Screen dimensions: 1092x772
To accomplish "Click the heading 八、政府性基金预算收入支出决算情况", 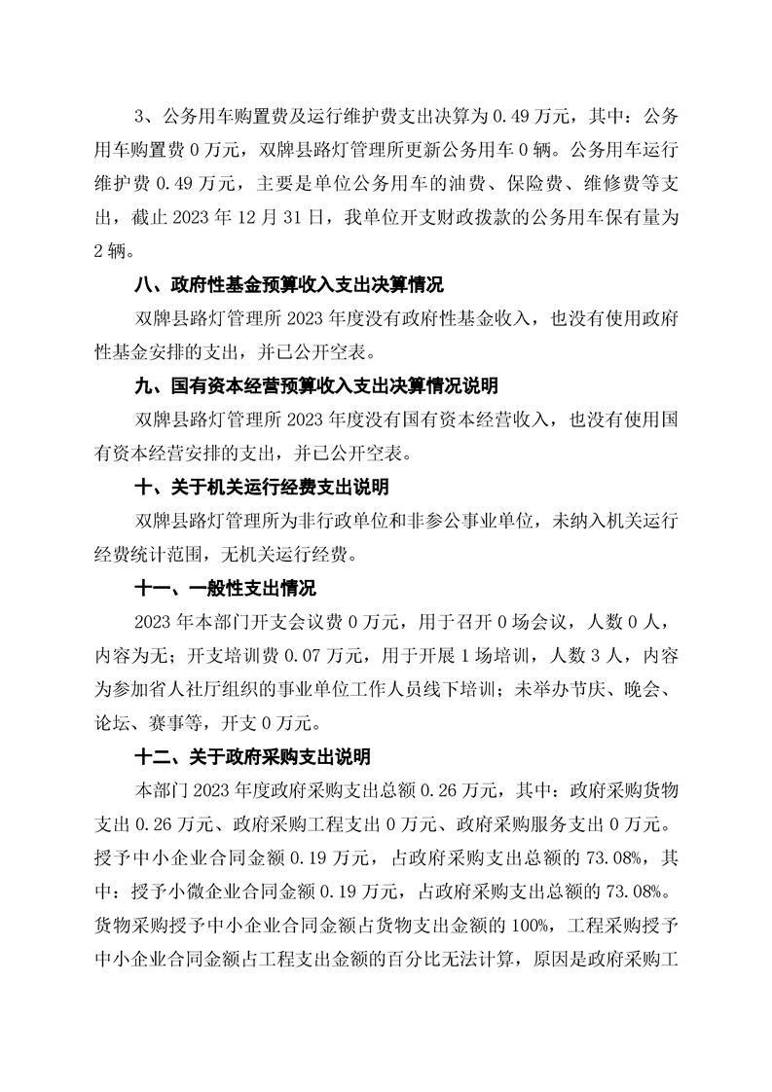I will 288,286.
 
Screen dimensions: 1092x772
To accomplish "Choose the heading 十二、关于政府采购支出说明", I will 251,758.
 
